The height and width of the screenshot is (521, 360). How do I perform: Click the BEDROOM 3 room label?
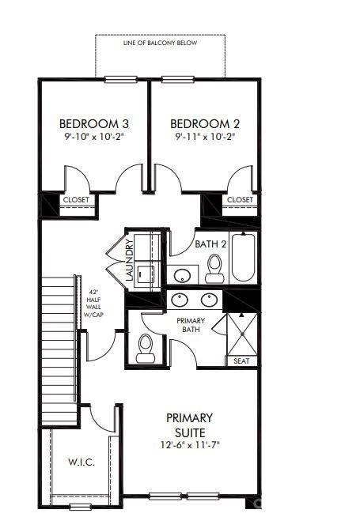pos(95,123)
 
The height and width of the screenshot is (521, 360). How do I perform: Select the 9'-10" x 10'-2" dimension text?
pos(95,137)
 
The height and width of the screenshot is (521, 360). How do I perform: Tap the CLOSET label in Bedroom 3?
pos(76,200)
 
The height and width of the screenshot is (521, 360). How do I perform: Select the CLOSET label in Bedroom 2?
pos(240,200)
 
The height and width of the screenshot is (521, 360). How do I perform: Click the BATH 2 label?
pos(211,244)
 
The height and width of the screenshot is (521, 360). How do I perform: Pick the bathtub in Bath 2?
pos(244,259)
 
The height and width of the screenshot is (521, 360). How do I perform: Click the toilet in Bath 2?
pos(214,269)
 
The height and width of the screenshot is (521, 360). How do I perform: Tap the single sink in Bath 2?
pos(183,276)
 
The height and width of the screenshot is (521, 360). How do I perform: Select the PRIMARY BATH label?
pos(191,325)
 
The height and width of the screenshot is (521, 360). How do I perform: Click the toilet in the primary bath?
pos(145,348)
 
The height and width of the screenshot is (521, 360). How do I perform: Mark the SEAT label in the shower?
pos(241,361)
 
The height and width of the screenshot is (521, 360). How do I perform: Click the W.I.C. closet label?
pos(82,462)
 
